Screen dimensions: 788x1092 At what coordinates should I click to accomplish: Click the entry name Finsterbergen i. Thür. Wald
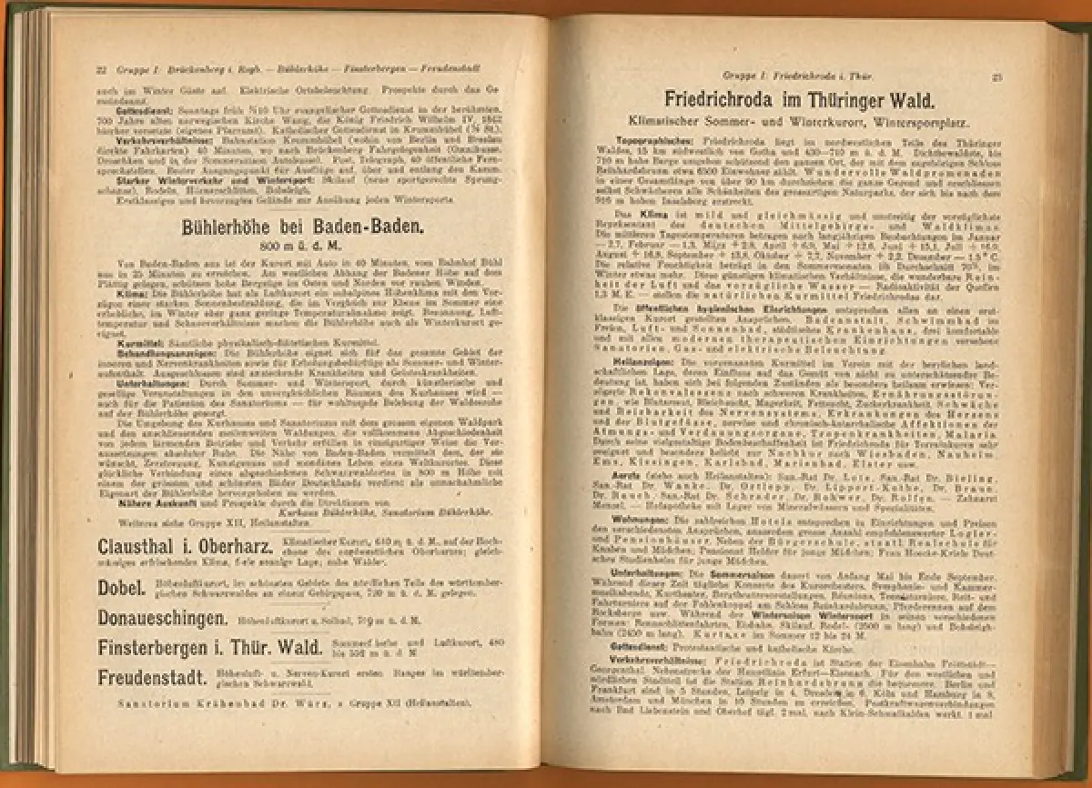pyautogui.click(x=209, y=648)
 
